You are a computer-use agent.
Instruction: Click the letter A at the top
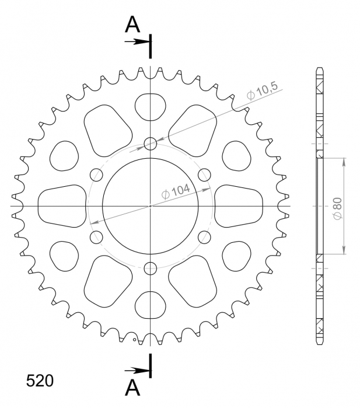coord(134,25)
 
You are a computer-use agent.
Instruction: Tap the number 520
coord(40,381)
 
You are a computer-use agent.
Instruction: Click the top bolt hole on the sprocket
coord(151,144)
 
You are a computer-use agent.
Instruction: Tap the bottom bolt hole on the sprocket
coord(151,269)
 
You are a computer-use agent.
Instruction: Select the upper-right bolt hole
coord(204,175)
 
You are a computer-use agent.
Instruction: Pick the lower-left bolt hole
coord(96,237)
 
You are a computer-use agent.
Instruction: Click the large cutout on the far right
coord(239,206)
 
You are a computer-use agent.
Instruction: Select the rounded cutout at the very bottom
coord(151,306)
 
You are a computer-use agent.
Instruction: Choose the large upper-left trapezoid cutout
coord(106,130)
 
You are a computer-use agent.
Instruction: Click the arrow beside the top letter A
coord(139,42)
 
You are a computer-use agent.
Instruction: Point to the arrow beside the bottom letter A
coord(139,369)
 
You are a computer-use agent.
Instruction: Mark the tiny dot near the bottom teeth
coord(134,339)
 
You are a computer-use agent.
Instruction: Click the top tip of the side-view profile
coord(319,68)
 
